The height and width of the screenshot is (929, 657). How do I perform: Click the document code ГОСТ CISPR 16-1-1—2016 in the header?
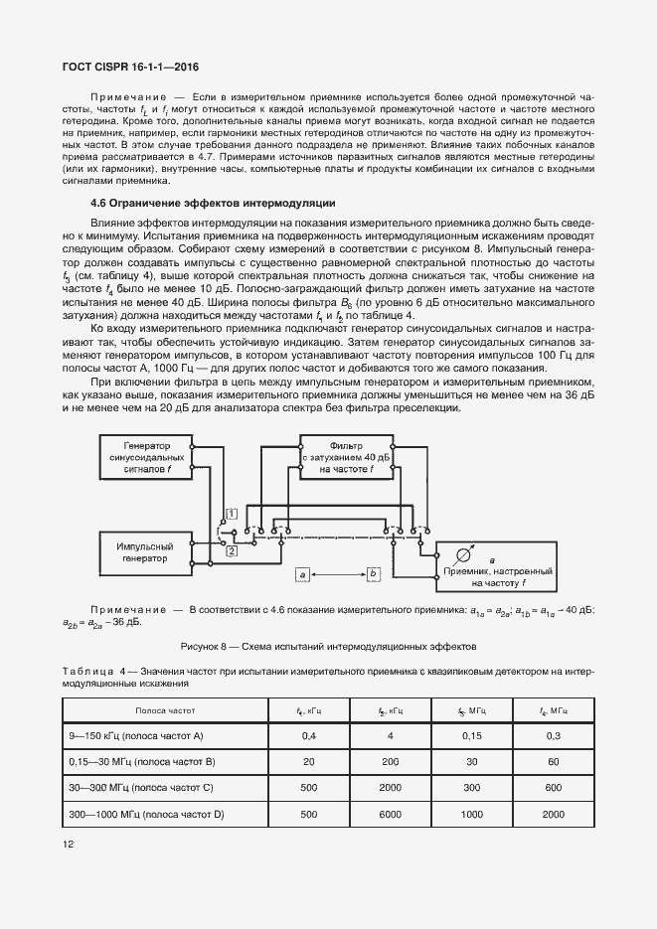coord(131,67)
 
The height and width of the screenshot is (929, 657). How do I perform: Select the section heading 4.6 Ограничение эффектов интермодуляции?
coord(213,203)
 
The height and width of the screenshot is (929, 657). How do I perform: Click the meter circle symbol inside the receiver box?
coord(460,554)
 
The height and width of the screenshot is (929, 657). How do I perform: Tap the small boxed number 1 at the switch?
coord(230,513)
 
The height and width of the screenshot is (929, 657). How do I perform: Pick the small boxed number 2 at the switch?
coord(231,549)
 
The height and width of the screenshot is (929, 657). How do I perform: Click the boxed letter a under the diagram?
coord(304,574)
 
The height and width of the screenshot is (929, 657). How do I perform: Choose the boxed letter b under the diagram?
coord(373,574)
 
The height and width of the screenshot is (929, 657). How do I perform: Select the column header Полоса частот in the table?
coord(166,711)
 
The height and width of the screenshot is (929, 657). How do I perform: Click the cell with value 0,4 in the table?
coord(309,736)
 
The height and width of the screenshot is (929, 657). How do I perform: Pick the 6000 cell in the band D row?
coord(390,814)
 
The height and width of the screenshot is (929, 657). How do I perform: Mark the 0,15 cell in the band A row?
coord(471,736)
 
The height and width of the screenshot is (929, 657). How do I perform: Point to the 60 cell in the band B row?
coord(551,762)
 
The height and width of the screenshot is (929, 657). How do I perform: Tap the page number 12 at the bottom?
coord(68,844)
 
